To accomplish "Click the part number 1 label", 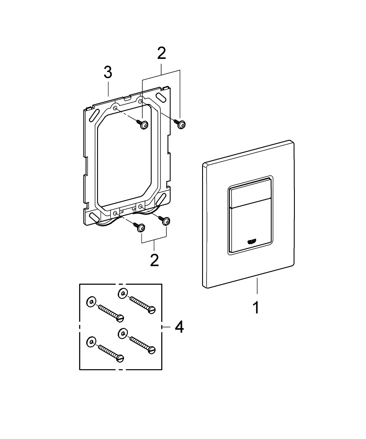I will point(255,307).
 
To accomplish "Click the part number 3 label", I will point(108,73).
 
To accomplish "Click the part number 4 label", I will point(179,327).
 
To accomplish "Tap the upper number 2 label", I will point(161,54).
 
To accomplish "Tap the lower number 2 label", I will point(154,259).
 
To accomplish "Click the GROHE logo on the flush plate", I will point(254,240).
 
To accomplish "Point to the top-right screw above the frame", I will point(181,124).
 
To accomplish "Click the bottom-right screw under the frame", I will point(166,222).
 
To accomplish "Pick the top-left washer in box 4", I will point(91,302).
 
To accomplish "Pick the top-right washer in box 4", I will point(123,293).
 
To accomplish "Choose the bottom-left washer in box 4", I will point(91,342).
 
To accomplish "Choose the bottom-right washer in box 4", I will point(123,333).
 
